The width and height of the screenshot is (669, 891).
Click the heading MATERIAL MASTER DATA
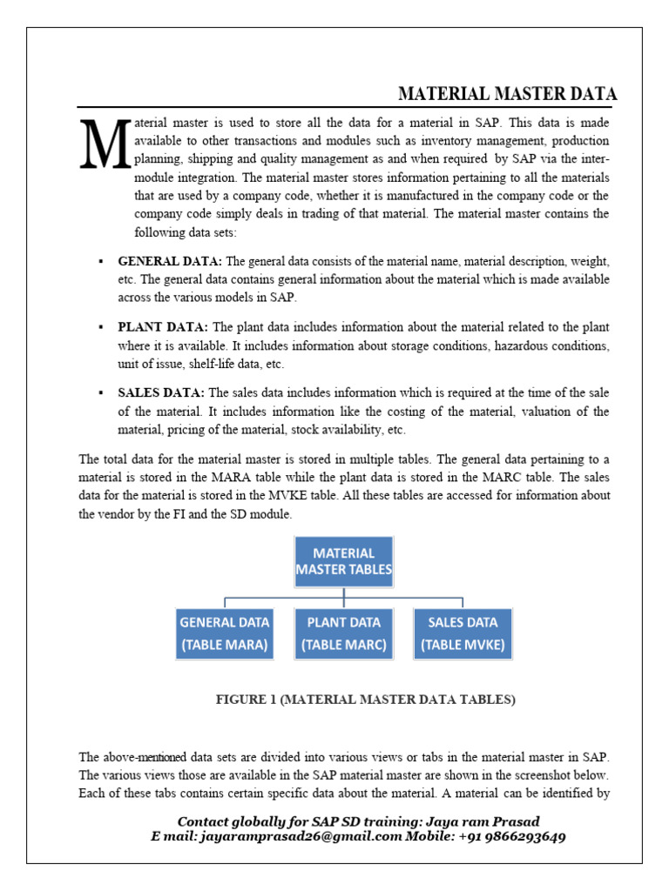(507, 94)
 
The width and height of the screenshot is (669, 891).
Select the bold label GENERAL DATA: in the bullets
(170, 261)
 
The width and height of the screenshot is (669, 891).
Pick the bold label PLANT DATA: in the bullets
(163, 327)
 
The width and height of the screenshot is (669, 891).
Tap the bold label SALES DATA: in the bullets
(161, 392)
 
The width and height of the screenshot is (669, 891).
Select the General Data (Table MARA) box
(225, 633)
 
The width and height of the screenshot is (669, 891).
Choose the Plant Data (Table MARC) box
(343, 633)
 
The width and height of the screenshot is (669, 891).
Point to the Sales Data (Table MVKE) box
(463, 633)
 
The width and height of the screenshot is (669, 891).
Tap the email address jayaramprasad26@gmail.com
(301, 836)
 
